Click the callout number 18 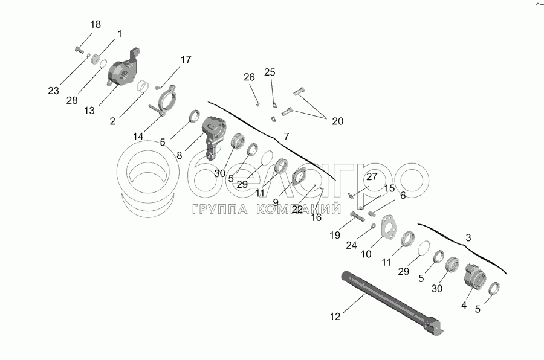click(96, 25)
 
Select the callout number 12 click(335, 315)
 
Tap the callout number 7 click(287, 137)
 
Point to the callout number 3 click(468, 238)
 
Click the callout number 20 click(337, 121)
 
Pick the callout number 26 click(250, 77)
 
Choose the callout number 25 click(270, 72)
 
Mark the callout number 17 click(185, 59)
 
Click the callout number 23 click(54, 91)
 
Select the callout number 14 click(138, 137)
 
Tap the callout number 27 click(371, 177)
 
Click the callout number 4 click(464, 306)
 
